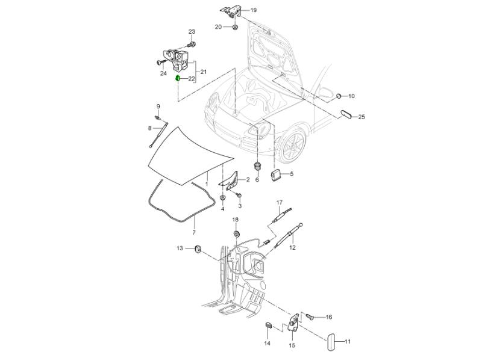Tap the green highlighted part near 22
pos(178,78)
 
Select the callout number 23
pos(192,31)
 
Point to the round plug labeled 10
pos(339,96)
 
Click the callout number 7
pos(194,232)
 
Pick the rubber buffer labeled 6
pos(257,164)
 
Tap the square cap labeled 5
pos(277,174)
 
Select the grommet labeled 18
pos(236,233)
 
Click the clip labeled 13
pos(197,249)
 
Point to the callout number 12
pos(292,247)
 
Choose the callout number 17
pos(279,202)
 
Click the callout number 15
pos(292,346)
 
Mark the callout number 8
pos(150,128)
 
